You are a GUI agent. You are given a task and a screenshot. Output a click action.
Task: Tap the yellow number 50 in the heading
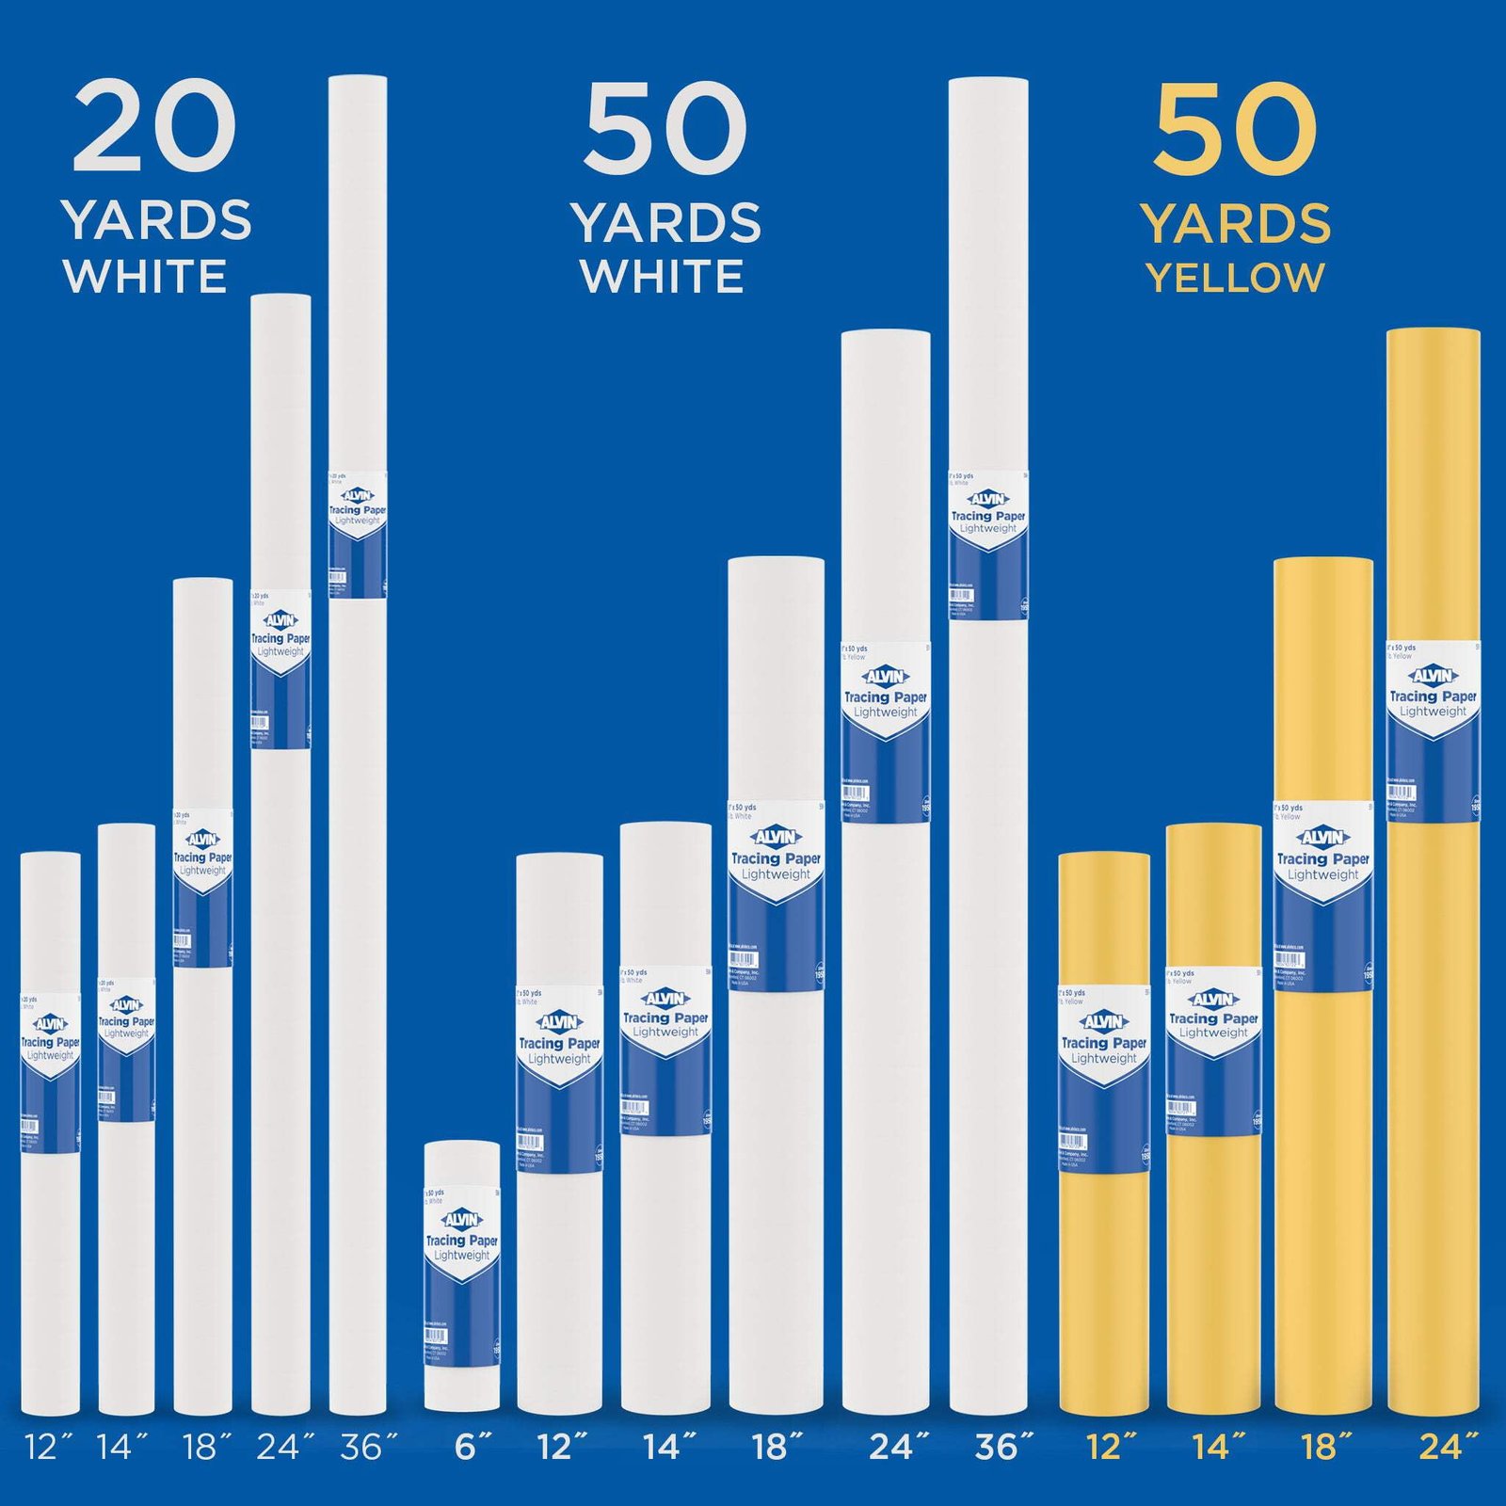(1235, 129)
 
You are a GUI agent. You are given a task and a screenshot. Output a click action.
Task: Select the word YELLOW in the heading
(1235, 277)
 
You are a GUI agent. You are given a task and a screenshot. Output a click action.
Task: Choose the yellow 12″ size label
(1111, 1447)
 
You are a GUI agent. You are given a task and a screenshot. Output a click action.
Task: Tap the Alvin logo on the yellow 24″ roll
(1433, 675)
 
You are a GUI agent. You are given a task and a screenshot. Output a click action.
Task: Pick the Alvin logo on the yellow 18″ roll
(1323, 837)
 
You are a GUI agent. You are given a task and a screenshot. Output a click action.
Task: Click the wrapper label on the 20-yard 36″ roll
(358, 534)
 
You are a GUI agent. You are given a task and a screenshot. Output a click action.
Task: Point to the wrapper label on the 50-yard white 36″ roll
(988, 544)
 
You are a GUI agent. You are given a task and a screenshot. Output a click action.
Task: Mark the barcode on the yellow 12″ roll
(1073, 1141)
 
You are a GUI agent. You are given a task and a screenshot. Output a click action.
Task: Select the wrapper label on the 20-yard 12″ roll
(50, 1072)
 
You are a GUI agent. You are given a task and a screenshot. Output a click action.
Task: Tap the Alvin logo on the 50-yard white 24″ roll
(885, 676)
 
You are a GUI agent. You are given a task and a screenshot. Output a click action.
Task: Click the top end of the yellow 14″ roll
(1213, 828)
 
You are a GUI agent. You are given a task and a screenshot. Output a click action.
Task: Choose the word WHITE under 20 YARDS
(145, 276)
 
